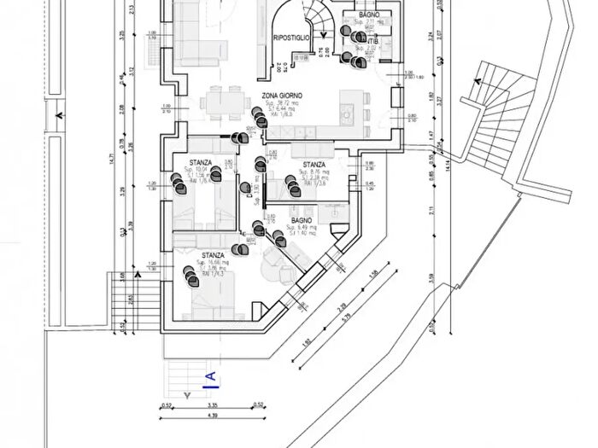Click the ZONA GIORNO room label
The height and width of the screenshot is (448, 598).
(282, 96)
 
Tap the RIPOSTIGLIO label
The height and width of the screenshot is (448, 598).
(290, 38)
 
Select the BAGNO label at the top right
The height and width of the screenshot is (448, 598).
(369, 16)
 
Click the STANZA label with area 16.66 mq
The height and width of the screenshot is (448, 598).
(214, 255)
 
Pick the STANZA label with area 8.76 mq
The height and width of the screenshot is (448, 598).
(314, 166)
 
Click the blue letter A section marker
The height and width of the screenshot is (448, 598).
(210, 376)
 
